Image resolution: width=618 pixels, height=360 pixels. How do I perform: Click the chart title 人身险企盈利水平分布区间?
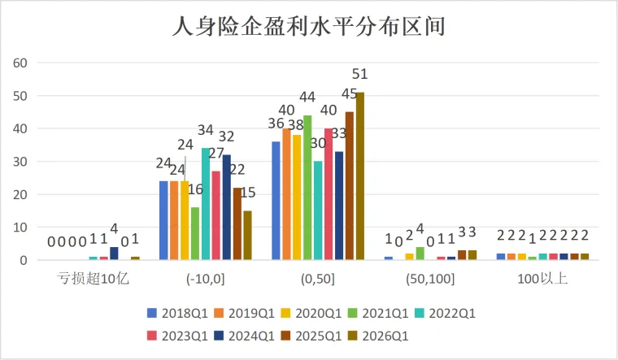(x=309, y=26)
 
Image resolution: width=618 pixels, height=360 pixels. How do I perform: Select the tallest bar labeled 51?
(x=360, y=176)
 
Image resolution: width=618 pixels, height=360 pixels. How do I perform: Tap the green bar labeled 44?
(x=307, y=188)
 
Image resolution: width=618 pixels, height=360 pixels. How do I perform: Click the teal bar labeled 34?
(x=206, y=204)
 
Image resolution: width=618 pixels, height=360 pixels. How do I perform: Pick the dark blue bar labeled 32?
(x=227, y=207)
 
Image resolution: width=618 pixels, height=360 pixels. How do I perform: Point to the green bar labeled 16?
(x=195, y=233)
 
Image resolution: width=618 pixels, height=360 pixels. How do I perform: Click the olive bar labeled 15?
(x=247, y=235)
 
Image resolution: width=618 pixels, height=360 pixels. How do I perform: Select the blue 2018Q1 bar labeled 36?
(x=276, y=201)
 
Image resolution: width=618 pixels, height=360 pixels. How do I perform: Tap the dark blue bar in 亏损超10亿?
(x=114, y=254)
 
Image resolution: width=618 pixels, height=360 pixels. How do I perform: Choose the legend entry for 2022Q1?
(x=446, y=314)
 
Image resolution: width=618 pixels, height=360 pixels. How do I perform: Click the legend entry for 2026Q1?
(x=379, y=336)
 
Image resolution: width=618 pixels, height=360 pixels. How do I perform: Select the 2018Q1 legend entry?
(x=178, y=314)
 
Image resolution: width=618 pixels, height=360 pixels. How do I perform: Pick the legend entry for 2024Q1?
(x=245, y=336)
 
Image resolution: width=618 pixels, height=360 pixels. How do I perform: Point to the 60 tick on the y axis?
(x=20, y=63)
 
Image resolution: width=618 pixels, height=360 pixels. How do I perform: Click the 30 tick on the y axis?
(x=20, y=162)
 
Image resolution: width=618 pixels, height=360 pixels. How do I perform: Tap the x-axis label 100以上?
(x=542, y=279)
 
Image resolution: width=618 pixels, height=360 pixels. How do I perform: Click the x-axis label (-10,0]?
(x=206, y=279)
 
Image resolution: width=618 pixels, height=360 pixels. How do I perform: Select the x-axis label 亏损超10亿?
(x=93, y=279)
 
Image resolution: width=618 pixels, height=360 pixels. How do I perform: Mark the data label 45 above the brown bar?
(x=349, y=93)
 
